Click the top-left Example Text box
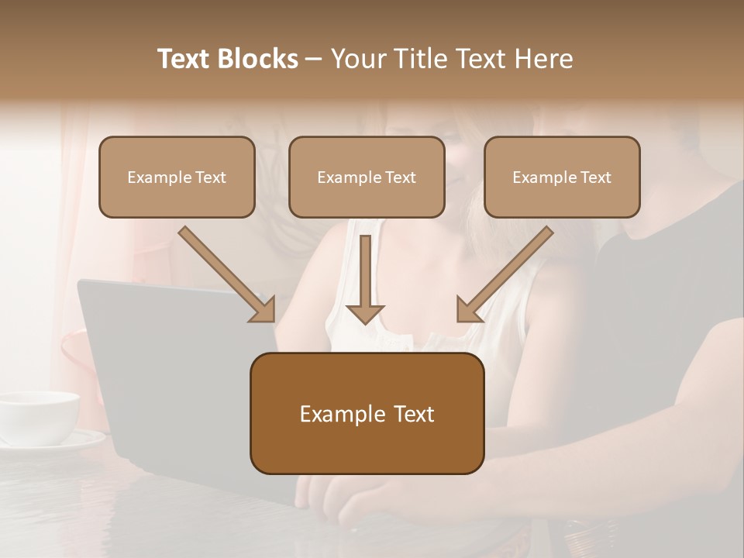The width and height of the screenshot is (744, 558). (177, 177)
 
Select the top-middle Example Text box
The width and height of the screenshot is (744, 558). (367, 177)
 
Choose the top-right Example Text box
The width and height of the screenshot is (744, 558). (562, 177)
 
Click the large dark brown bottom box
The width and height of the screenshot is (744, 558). (367, 413)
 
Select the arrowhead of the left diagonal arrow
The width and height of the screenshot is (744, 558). (263, 310)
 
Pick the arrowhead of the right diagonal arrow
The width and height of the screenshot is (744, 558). (468, 310)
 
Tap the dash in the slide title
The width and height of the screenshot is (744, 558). (314, 60)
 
